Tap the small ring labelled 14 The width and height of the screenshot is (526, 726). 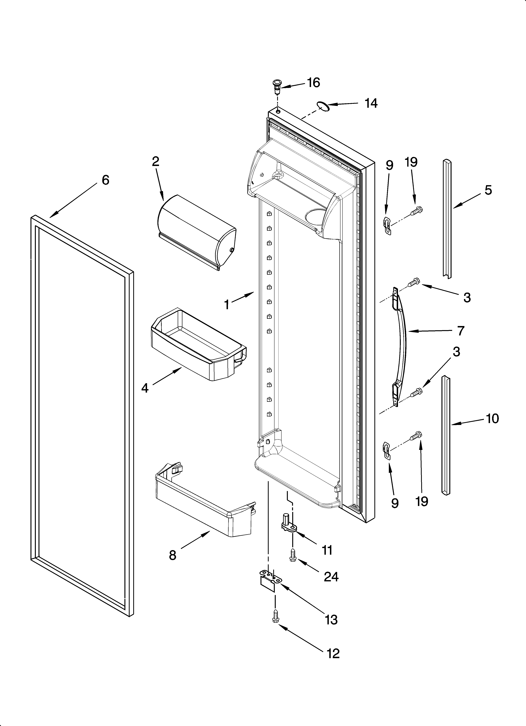point(323,106)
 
